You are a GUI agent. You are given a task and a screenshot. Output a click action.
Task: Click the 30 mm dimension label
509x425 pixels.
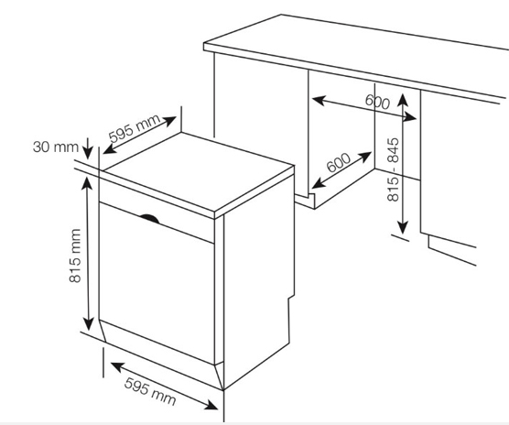[x=56, y=147]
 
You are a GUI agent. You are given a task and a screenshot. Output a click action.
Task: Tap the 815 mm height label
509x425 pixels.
[x=75, y=256]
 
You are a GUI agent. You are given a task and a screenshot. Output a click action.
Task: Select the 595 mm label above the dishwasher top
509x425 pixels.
[x=134, y=128]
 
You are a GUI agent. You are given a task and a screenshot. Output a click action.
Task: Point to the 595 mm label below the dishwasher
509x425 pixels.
[x=150, y=391]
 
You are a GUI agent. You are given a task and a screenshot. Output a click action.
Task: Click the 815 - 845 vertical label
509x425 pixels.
[x=394, y=169]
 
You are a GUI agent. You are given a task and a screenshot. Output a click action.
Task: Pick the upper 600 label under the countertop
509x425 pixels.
[x=377, y=102]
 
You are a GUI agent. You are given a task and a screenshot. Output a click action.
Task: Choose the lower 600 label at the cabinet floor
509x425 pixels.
[x=339, y=162]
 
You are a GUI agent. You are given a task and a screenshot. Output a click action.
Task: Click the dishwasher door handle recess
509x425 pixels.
[x=149, y=219]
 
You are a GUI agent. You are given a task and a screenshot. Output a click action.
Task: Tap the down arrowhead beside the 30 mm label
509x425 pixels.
[x=88, y=153]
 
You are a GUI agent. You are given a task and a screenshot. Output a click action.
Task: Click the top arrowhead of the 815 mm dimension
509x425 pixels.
[x=86, y=184]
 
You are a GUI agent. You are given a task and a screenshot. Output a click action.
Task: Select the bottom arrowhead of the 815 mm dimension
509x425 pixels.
[x=88, y=324]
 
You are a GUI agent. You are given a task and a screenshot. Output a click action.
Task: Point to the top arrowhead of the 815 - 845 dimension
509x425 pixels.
[x=403, y=99]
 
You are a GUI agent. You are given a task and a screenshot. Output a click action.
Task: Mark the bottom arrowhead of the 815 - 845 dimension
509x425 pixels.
[x=403, y=227]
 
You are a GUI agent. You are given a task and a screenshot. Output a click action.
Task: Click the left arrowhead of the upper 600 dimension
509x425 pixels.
[x=319, y=100]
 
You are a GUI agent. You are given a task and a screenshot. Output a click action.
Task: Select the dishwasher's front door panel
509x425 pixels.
[x=157, y=282]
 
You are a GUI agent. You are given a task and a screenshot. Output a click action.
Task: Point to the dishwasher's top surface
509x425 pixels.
[x=199, y=171]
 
